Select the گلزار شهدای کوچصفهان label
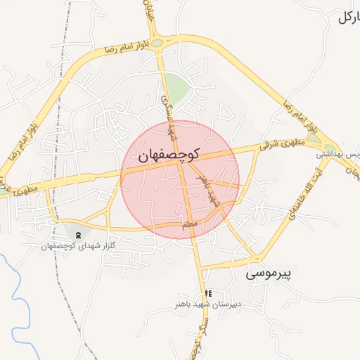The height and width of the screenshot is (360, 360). click(x=77, y=245)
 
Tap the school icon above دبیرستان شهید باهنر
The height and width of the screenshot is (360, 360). click(x=207, y=293)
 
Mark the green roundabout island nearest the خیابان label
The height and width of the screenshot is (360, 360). click(x=157, y=44)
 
